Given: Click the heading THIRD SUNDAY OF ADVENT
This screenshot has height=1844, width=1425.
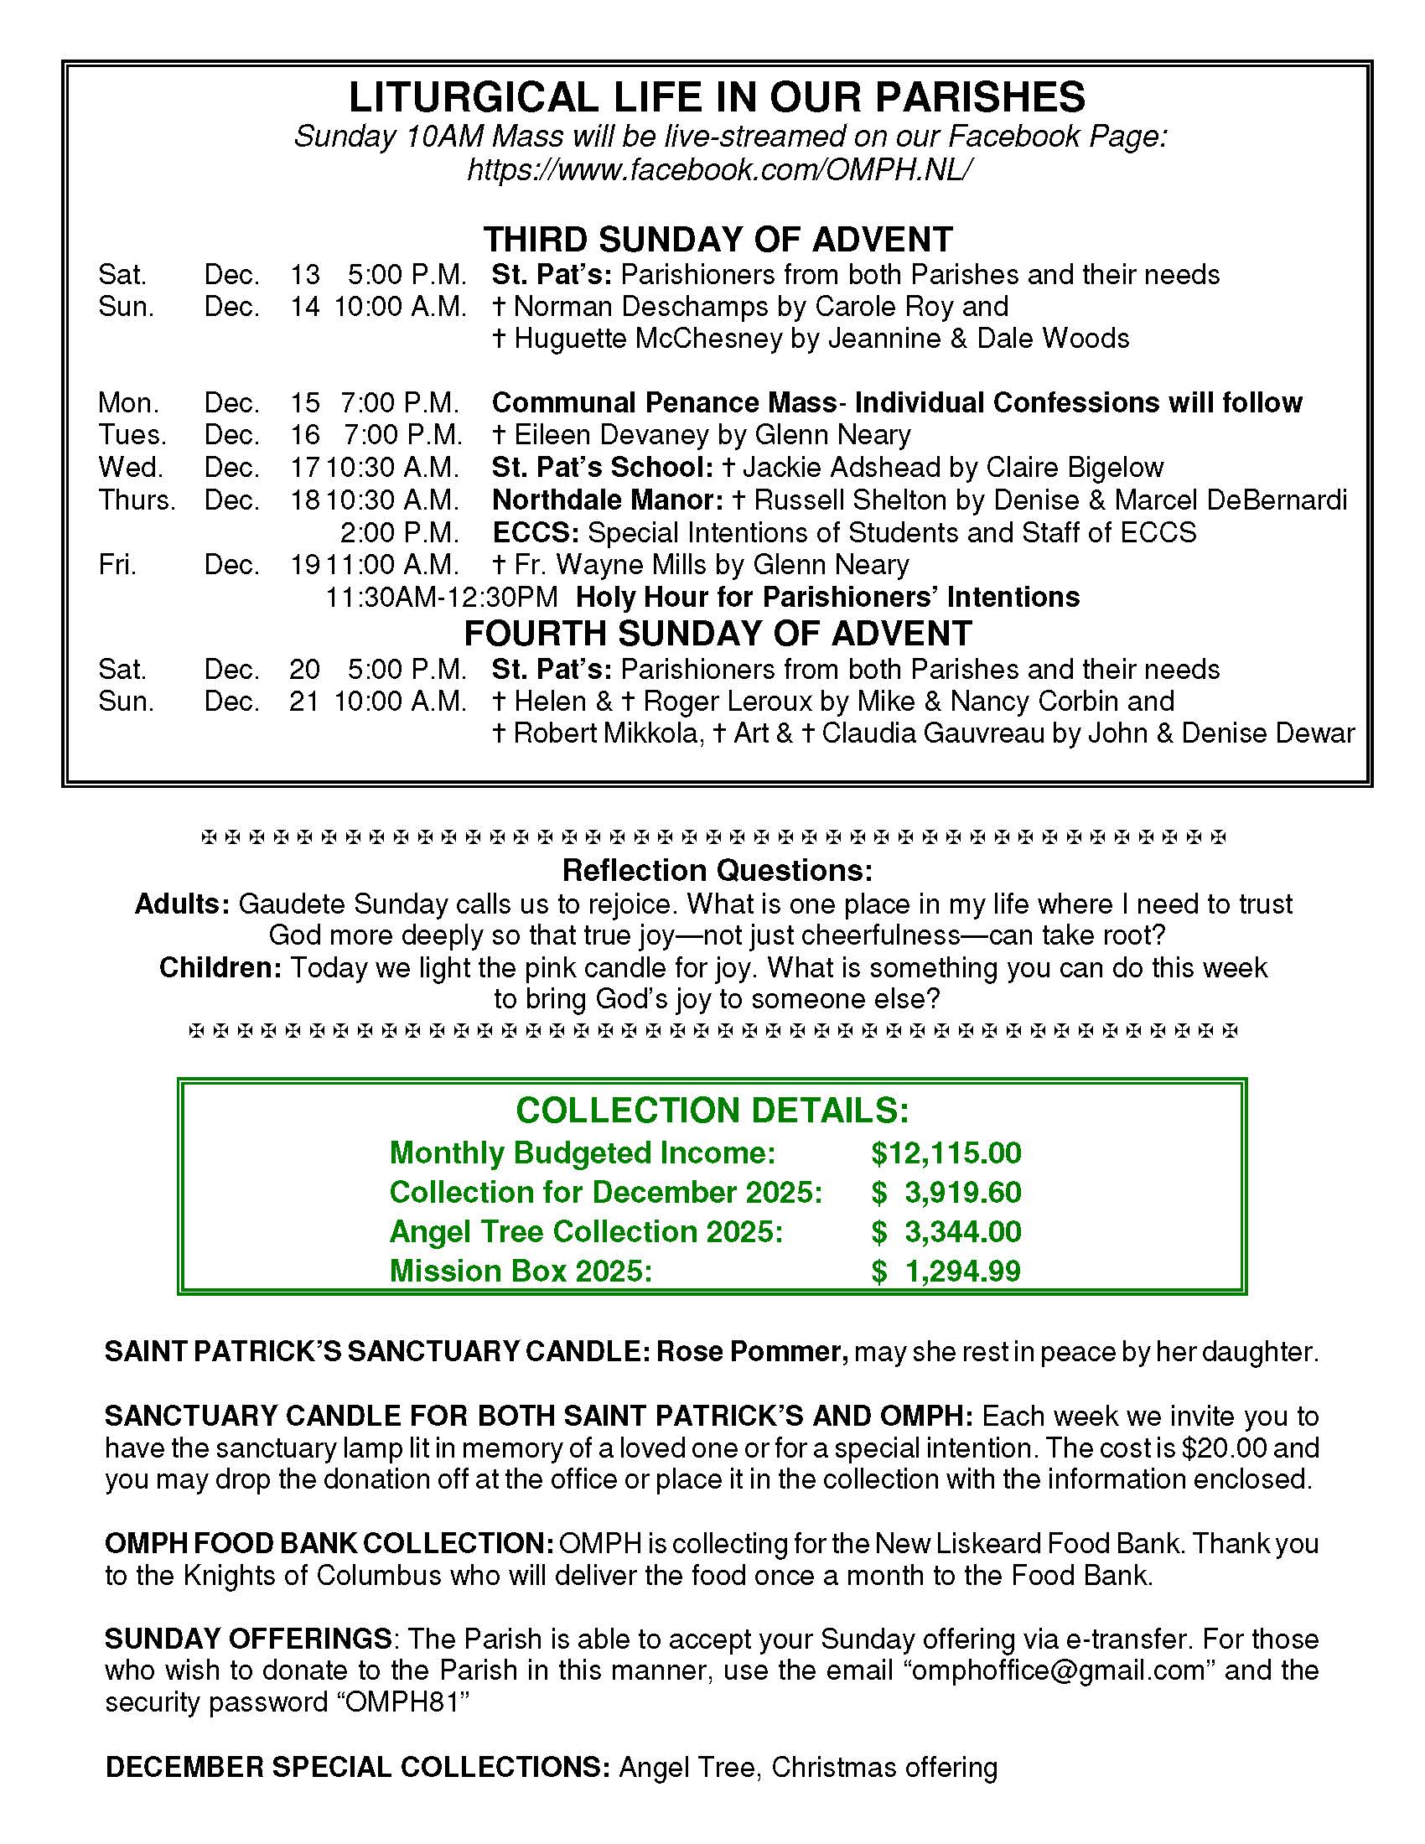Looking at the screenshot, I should coord(718,240).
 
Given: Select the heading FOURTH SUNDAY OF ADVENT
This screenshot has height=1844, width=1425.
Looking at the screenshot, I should coord(718,633).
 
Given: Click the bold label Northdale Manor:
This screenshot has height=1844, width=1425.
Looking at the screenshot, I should coord(607,500).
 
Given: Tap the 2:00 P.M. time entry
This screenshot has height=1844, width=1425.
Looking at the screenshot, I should coord(399,533).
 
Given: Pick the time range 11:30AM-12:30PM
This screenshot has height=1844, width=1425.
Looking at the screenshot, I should coord(442,598).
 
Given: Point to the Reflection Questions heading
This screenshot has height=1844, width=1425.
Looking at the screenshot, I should coord(718,870).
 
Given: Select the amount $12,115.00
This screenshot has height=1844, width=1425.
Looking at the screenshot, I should coord(946,1153).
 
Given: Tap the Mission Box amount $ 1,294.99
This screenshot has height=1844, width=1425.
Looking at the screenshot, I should coord(946,1271).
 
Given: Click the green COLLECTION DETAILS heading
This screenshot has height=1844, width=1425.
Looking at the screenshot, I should coord(712,1111).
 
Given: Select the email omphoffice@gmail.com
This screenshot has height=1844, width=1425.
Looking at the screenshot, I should coord(1060,1670).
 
